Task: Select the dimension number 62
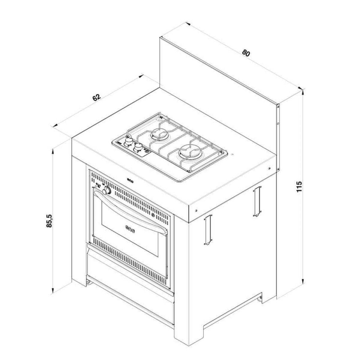click(96, 98)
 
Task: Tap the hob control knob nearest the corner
click(129, 140)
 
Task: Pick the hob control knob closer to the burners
click(138, 147)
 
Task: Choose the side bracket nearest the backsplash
click(256, 201)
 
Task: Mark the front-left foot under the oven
click(89, 282)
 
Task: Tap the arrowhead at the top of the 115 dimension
click(303, 91)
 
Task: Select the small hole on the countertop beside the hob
click(232, 154)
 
